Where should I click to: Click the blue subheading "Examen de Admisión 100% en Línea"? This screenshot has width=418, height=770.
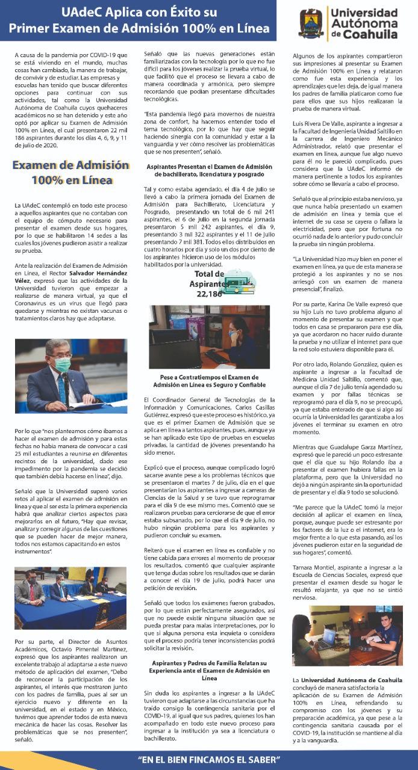72,173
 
